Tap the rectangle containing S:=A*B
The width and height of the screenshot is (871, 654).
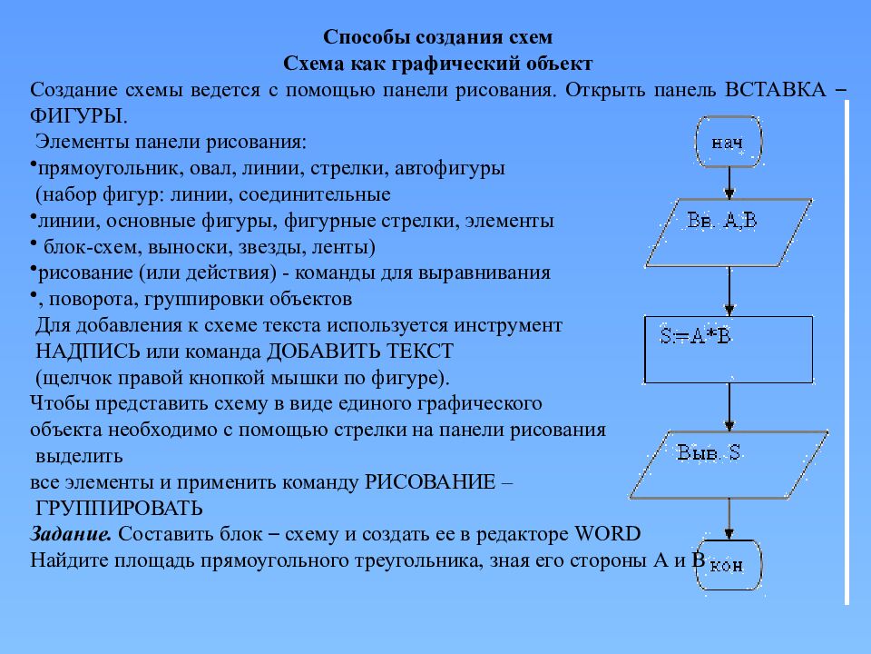729,350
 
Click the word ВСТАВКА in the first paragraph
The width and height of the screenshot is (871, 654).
775,91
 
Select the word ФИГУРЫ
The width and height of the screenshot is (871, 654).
76,116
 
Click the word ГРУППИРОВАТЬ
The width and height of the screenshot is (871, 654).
120,507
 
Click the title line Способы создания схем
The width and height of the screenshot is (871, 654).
438,38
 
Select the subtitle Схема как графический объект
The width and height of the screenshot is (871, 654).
438,64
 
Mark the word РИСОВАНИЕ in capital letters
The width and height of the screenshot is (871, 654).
429,481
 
